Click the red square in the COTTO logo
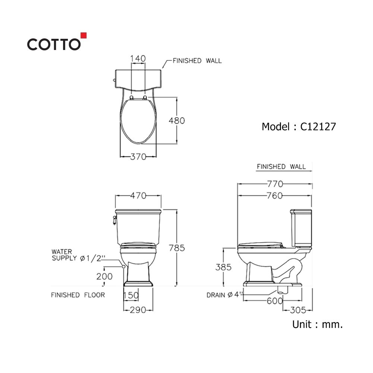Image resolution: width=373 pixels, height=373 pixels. pos(84,35)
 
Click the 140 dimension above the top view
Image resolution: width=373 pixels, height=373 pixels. pos(138,59)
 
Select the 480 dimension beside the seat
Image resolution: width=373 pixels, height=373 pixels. pos(177,120)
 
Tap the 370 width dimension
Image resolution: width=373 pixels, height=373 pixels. pos(138,157)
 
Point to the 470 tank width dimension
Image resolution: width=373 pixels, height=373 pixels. pos(138,195)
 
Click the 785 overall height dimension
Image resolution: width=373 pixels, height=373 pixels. pos(177,248)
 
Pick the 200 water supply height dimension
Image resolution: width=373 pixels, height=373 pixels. pos(104,276)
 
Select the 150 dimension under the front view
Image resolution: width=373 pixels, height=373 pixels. pos(131,295)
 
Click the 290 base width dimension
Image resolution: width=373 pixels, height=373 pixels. pos(138,310)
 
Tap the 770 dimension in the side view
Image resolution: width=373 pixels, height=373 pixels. pos(275,184)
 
